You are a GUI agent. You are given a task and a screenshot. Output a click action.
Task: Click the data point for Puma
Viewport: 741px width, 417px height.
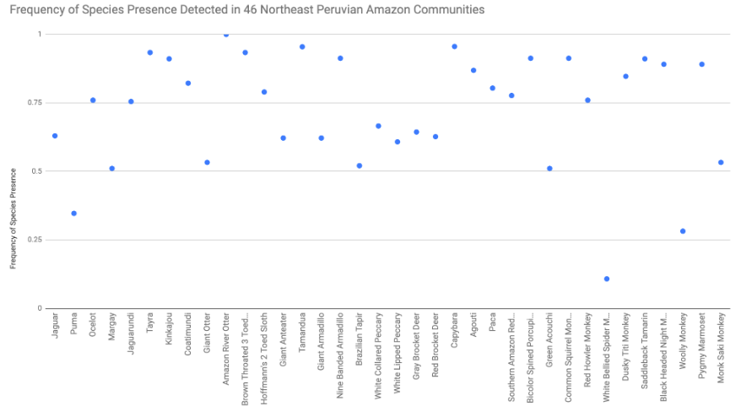tap(74, 214)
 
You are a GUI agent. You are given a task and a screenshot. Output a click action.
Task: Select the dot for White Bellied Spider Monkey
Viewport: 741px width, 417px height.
tap(607, 279)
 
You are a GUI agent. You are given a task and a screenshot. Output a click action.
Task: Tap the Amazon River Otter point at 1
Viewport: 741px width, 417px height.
tap(226, 35)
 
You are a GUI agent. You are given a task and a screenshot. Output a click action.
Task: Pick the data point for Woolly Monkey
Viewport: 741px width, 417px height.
tap(683, 231)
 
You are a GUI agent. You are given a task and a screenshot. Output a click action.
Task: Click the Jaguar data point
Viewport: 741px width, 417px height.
tap(55, 136)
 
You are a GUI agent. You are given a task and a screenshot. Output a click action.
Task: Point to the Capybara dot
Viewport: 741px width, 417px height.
tap(454, 46)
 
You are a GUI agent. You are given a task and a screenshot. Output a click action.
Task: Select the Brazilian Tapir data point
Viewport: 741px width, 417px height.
tap(360, 165)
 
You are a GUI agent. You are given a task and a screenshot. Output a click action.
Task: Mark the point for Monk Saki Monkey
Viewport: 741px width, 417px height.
tap(721, 163)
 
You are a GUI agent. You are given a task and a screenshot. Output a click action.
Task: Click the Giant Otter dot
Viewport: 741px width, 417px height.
tap(207, 163)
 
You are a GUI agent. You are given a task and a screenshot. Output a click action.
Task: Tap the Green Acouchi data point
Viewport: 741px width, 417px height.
tap(549, 169)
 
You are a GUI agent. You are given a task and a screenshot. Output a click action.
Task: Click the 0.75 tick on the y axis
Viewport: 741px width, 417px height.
tap(34, 102)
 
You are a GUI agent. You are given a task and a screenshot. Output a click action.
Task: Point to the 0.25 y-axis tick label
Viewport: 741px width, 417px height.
tap(34, 240)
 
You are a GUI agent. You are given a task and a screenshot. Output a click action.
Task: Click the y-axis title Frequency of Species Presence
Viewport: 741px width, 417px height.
tap(14, 219)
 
